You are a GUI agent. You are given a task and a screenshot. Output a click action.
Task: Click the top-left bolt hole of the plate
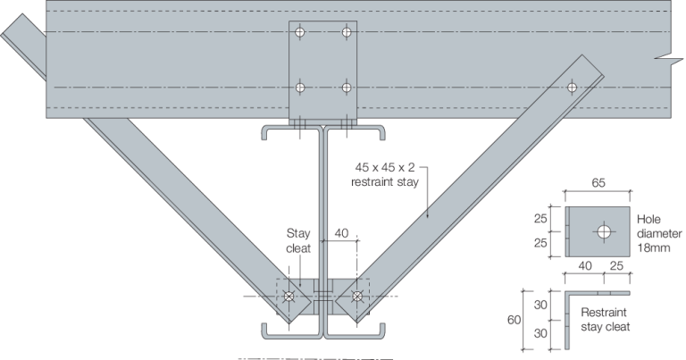[x=301, y=32]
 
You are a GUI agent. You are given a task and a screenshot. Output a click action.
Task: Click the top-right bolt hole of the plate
[x=347, y=32]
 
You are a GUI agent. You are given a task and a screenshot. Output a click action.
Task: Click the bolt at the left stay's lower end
[x=289, y=296]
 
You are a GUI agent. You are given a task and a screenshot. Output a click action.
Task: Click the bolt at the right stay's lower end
[x=356, y=296]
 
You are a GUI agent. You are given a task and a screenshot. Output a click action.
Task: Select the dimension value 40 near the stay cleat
[x=340, y=232]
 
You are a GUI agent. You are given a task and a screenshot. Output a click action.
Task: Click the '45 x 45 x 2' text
[x=385, y=167]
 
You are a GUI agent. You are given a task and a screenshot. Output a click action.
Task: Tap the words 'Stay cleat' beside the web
[x=297, y=237]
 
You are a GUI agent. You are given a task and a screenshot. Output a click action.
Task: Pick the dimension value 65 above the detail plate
[x=598, y=181]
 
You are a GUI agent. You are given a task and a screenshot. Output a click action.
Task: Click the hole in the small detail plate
[x=605, y=231]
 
